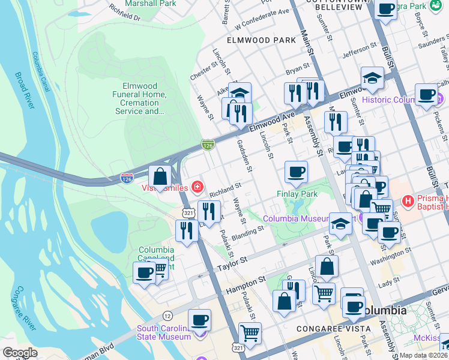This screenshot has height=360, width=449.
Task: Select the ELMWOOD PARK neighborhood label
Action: click(x=261, y=40)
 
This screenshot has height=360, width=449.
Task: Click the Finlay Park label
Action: click(x=297, y=194)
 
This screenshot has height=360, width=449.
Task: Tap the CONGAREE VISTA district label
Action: click(x=330, y=329)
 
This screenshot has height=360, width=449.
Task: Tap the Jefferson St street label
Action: click(x=359, y=53)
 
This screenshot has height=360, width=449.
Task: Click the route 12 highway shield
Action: click(x=167, y=316)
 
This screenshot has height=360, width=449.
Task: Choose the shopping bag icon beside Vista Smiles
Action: click(x=160, y=176)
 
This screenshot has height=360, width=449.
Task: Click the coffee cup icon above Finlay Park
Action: click(x=296, y=172)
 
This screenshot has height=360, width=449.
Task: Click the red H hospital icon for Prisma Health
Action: click(x=408, y=200)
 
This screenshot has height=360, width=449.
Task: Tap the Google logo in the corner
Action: click(x=20, y=353)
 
